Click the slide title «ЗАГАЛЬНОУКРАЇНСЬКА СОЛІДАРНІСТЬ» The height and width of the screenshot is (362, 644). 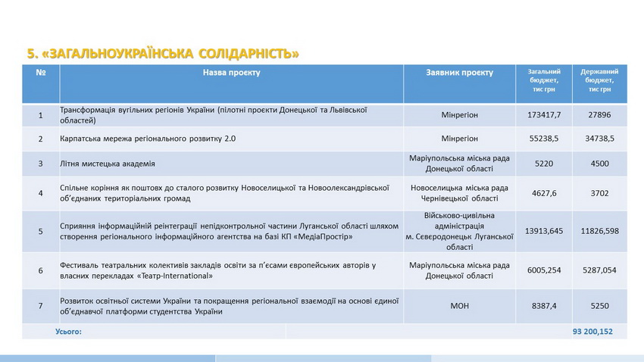coord(163,53)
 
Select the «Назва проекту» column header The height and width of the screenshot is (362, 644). coord(231,73)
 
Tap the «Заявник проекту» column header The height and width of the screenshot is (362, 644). coord(459,73)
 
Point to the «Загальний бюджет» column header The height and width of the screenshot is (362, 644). coord(544,80)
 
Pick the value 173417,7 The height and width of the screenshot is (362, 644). coord(544,115)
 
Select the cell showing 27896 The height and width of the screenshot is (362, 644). coord(598,115)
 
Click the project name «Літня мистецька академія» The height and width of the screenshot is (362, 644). coord(108,164)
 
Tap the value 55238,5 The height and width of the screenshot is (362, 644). coord(544,139)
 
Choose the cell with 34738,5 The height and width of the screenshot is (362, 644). coord(598,139)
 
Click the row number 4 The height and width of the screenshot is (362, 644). coord(41,193)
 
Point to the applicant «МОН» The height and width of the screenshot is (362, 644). coord(459,306)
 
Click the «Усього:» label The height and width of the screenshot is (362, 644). coord(69,332)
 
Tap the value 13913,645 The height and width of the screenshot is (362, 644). coord(544,231)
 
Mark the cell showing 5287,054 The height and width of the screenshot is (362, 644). coord(598,270)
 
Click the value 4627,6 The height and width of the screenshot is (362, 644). coord(544,193)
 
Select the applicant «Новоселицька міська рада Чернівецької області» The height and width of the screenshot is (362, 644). coord(459,193)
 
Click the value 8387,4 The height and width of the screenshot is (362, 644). coord(544,306)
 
